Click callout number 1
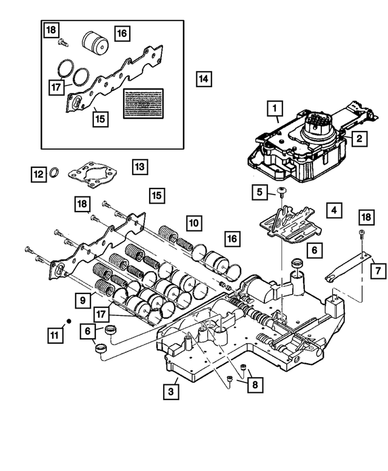(x=275, y=109)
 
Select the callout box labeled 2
(x=358, y=139)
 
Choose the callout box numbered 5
(x=259, y=193)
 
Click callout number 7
(x=377, y=269)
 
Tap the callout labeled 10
(x=193, y=223)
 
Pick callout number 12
(x=38, y=175)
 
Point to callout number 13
(x=140, y=165)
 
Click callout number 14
(x=203, y=78)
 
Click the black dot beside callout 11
(x=69, y=319)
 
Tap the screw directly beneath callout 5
(x=281, y=193)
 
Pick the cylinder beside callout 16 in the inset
(x=95, y=44)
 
